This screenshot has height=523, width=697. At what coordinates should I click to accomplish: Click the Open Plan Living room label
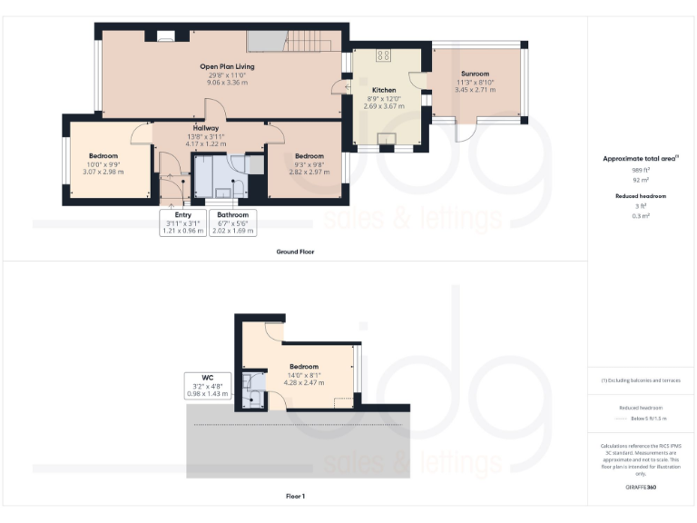point(227,66)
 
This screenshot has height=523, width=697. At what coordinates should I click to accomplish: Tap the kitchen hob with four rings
point(383,55)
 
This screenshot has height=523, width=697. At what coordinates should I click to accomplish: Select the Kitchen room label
point(383,90)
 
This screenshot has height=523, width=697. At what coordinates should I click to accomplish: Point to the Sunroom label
point(475,73)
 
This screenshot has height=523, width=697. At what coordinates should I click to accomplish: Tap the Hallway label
point(205,129)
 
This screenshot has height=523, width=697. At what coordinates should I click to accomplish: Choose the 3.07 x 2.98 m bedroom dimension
point(103,171)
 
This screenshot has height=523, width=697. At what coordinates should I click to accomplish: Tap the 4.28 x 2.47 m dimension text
point(304,382)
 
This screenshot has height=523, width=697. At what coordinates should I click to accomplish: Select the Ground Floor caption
point(295,252)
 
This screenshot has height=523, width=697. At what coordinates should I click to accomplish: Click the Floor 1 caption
point(295,497)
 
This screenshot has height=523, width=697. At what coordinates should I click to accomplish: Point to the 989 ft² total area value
point(641,170)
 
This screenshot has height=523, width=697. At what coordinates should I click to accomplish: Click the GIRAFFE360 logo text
point(641,488)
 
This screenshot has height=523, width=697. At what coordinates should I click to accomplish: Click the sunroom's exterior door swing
point(468,133)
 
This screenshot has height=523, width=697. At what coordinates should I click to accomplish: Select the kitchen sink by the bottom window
point(387,138)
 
